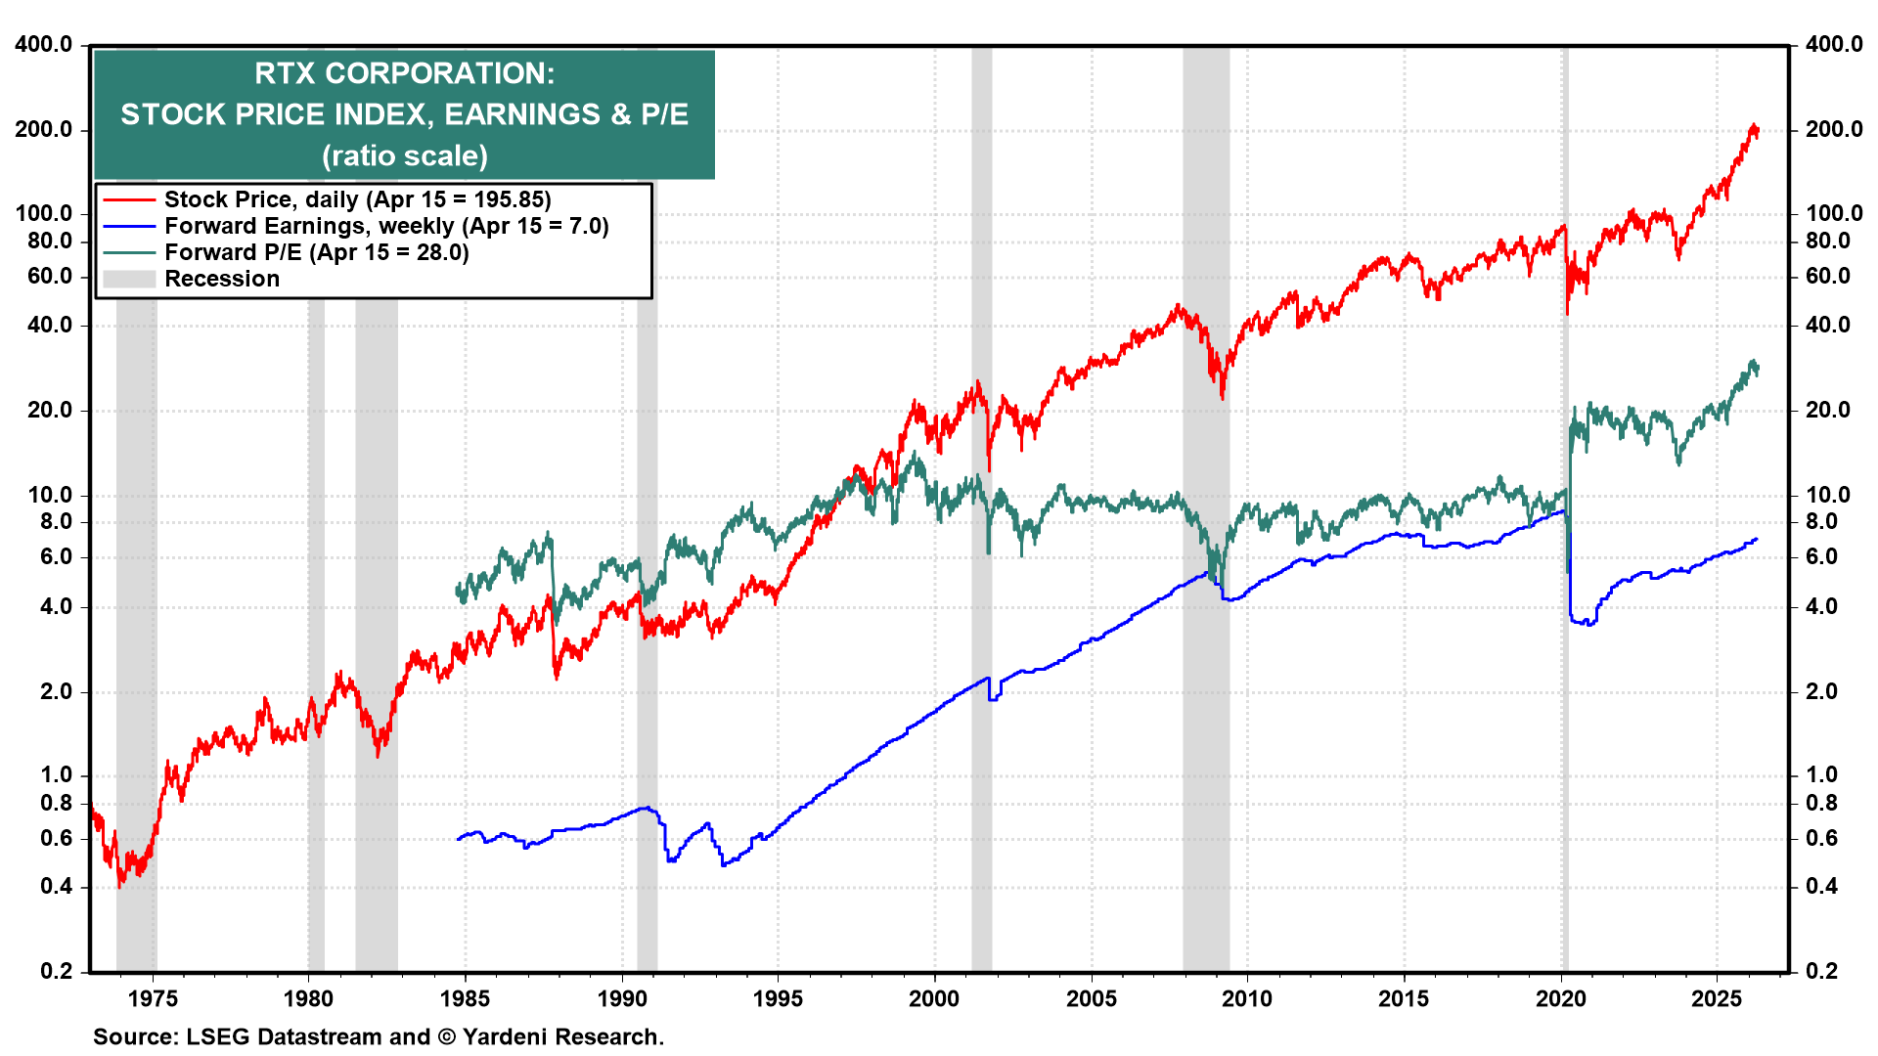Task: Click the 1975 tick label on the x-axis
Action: (153, 998)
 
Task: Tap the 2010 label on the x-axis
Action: (1247, 998)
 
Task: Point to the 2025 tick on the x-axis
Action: (1717, 998)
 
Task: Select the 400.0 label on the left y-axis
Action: (44, 44)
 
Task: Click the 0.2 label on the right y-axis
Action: (1821, 971)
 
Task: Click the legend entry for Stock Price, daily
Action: (357, 199)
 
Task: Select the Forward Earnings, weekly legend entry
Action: (386, 226)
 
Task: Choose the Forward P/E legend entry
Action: (316, 252)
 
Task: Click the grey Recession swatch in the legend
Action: (129, 279)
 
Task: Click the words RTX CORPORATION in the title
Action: (404, 73)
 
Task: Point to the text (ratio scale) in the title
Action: (404, 155)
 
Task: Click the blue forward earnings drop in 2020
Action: (1569, 587)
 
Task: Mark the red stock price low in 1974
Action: (120, 885)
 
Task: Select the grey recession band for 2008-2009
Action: (1205, 684)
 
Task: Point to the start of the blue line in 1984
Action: (459, 839)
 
